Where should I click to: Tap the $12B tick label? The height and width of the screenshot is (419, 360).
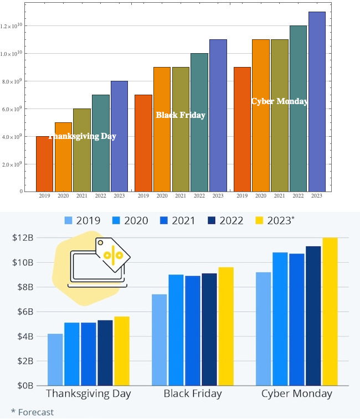coord(25,238)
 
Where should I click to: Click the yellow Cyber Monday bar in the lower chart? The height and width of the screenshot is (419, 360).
coord(330,312)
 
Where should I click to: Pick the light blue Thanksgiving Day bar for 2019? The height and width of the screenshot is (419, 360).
coord(55,359)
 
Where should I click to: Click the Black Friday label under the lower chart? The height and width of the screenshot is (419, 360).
coord(193,394)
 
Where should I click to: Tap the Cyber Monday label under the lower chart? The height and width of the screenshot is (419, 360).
coord(296,394)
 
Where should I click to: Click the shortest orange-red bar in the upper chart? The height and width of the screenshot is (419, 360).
coord(45,164)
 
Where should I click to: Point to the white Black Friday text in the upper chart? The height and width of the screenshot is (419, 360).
coord(181,115)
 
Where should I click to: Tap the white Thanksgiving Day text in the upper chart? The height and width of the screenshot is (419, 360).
coord(83,136)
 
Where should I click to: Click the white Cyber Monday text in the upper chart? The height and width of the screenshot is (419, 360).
coord(280,101)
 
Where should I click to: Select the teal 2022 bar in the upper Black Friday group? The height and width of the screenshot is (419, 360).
coord(199,122)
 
